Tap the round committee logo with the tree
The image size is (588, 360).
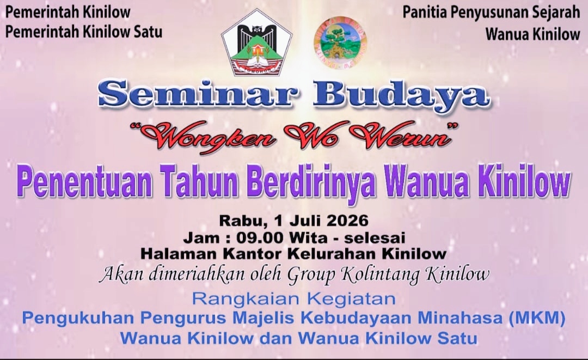(340, 42)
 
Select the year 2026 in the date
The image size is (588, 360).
(347, 221)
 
